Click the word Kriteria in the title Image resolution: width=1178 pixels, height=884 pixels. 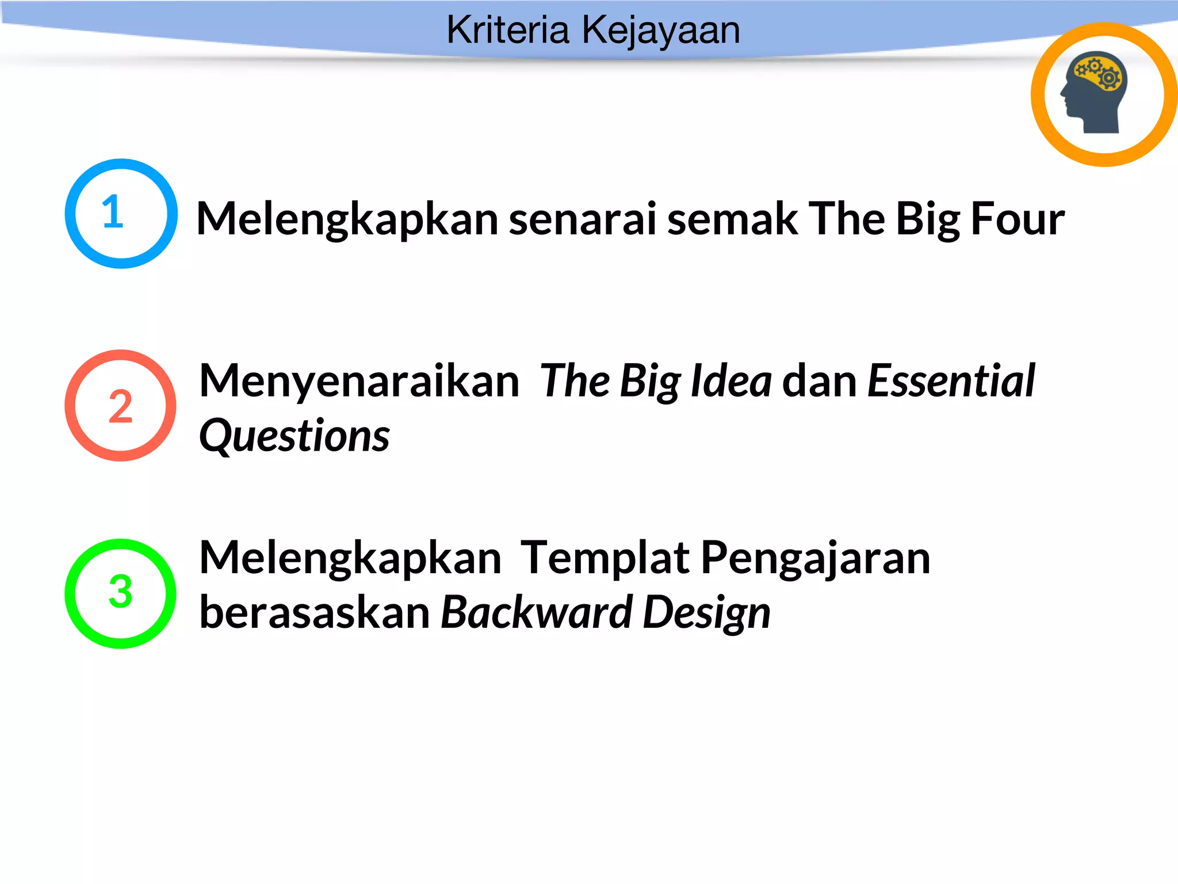[x=507, y=30]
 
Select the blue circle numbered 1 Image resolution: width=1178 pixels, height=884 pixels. [x=121, y=214]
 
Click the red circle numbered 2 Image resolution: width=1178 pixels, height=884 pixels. [x=120, y=406]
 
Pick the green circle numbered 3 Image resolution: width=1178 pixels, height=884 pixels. [x=120, y=593]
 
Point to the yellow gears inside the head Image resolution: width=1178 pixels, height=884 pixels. [x=1099, y=73]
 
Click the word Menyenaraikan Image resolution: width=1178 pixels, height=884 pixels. [x=359, y=381]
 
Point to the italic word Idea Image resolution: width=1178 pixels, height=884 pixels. [x=730, y=381]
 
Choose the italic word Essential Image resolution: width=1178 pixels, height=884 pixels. [x=951, y=381]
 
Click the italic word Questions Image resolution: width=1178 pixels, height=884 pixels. [x=294, y=436]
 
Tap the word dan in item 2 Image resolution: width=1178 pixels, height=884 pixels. [x=819, y=381]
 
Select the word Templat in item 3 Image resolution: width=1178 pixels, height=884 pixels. [x=605, y=558]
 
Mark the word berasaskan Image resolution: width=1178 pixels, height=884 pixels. [x=315, y=612]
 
